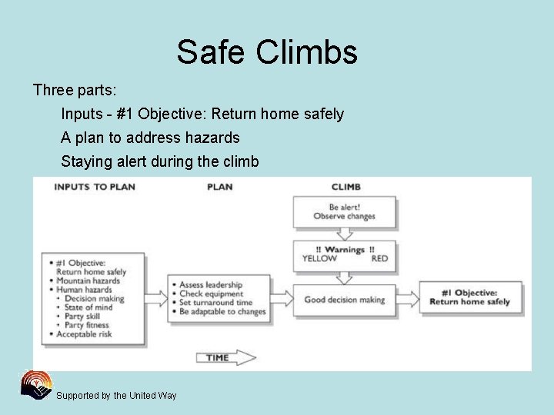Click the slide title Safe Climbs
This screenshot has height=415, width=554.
(x=267, y=52)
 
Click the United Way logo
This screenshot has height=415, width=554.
(x=36, y=386)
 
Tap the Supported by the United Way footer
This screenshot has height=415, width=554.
(x=116, y=396)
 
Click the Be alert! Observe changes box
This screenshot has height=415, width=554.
(x=344, y=211)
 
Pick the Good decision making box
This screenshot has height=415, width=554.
(x=344, y=299)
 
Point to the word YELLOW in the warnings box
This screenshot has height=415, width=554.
(x=319, y=259)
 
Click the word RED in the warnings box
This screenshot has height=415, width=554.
(x=379, y=259)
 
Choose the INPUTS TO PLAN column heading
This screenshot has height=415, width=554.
(x=95, y=187)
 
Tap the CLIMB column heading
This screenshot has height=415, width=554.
(x=345, y=187)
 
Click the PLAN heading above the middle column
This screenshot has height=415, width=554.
(x=220, y=187)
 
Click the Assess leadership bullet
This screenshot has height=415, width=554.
(x=211, y=285)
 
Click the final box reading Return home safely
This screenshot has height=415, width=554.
(x=469, y=297)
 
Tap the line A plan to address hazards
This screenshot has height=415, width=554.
(x=151, y=138)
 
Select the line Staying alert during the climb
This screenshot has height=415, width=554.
(x=160, y=162)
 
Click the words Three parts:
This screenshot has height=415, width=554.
(x=75, y=91)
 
